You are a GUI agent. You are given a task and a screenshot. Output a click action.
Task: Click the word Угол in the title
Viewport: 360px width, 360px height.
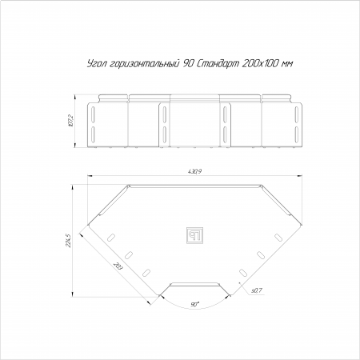click(97, 64)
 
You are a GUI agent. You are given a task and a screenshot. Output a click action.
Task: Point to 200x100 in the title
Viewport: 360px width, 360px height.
click(262, 64)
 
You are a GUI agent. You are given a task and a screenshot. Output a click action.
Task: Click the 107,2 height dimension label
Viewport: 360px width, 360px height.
click(70, 121)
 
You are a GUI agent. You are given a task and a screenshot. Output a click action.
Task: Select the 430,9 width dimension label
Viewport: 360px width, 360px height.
click(194, 171)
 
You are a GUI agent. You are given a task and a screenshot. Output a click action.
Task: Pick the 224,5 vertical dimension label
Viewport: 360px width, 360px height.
click(68, 241)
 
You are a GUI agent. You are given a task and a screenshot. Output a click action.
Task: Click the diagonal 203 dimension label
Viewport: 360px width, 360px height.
click(118, 266)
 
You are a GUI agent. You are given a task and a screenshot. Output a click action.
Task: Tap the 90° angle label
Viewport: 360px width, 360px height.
click(195, 305)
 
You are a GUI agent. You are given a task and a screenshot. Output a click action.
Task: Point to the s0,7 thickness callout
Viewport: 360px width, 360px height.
click(257, 291)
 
